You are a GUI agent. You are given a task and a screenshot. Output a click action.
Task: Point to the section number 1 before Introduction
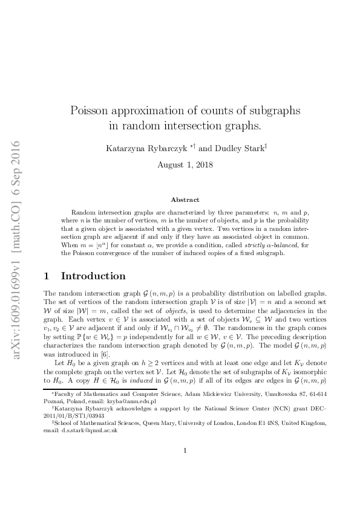coord(47,276)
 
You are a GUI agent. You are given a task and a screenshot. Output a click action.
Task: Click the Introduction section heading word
coord(93,276)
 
